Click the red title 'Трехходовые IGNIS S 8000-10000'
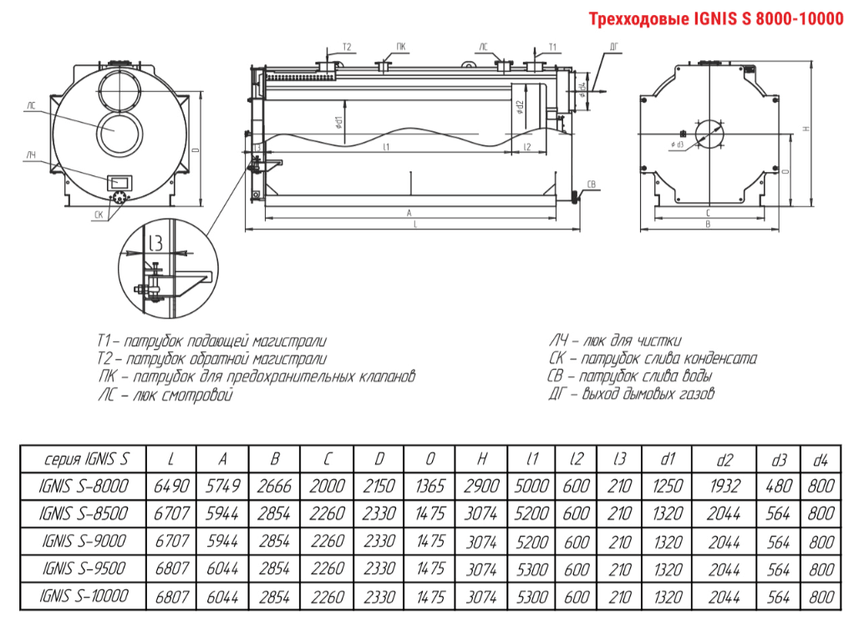click(x=716, y=18)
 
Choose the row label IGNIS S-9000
click(x=84, y=541)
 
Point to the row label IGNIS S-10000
click(x=84, y=596)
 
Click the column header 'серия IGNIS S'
click(x=84, y=459)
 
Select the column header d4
click(x=821, y=459)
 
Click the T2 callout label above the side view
click(x=347, y=47)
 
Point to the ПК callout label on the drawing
click(x=402, y=47)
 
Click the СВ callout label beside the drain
click(x=591, y=184)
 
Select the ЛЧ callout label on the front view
click(x=31, y=155)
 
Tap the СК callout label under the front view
click(x=99, y=215)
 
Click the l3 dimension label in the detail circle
click(x=155, y=244)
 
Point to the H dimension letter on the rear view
click(x=806, y=129)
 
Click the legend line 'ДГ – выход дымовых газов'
click(x=631, y=394)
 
